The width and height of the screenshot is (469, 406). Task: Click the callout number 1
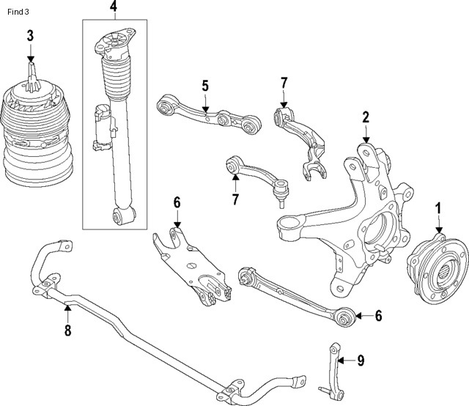(x=438, y=208)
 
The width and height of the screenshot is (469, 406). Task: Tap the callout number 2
(x=365, y=116)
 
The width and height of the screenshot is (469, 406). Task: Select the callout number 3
(x=30, y=35)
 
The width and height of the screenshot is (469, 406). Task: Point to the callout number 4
(x=113, y=7)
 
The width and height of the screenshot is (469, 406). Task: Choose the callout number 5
(x=205, y=86)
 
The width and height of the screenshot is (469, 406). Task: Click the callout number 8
(x=67, y=331)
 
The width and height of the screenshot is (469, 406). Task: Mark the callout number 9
(x=360, y=360)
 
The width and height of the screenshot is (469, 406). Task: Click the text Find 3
(x=18, y=12)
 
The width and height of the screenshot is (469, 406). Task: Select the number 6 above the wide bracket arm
(x=177, y=202)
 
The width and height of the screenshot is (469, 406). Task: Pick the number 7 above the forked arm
(x=284, y=84)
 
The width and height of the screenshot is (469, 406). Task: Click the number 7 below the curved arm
(x=235, y=199)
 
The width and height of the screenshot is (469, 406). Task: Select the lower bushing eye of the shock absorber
(x=122, y=215)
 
